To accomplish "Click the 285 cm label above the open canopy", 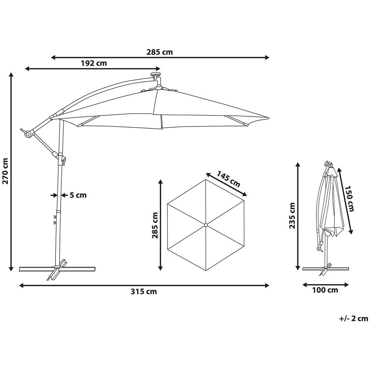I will tap(160, 52).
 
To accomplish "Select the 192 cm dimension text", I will tap(94, 63).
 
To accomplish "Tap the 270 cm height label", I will tap(6, 171).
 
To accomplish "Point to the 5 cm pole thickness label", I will tap(78, 195).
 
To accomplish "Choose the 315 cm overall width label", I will tap(144, 292).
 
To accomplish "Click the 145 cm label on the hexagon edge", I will tap(228, 178).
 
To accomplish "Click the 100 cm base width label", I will tap(325, 290).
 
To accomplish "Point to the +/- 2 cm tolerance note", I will tap(353, 318).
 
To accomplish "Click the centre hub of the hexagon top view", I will tap(205, 225).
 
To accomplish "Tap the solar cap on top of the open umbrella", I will tap(156, 76).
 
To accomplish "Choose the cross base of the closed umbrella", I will tap(326, 269).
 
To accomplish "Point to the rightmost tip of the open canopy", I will tap(269, 119).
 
